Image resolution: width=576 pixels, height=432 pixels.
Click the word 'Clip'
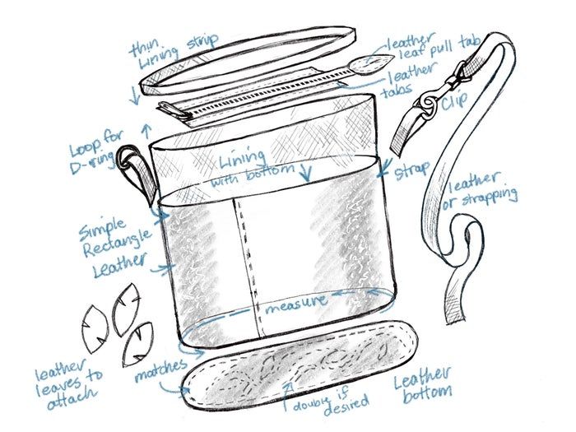[x=455, y=100]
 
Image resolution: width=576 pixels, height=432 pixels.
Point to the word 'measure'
[x=296, y=304]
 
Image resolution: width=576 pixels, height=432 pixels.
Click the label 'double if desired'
[x=331, y=403]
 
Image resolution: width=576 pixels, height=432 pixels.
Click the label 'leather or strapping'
[x=479, y=191]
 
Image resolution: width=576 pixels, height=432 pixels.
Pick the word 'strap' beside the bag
[x=411, y=171]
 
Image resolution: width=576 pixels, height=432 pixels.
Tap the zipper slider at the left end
[x=174, y=110]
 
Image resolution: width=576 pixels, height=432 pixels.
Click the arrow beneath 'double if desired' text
[x=289, y=397]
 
